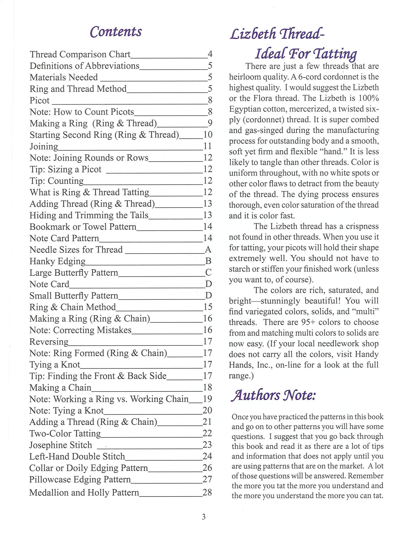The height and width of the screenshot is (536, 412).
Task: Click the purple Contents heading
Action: point(116,32)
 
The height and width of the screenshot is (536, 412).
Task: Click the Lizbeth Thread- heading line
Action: point(277,34)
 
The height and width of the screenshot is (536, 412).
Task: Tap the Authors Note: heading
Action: point(273,395)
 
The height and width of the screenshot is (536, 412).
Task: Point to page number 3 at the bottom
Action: point(204,517)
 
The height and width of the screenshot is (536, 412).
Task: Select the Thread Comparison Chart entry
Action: point(80,54)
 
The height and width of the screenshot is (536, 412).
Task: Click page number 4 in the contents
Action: point(210,54)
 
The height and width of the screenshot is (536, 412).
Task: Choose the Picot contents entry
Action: point(40,100)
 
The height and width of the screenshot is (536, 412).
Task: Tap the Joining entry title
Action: point(44,146)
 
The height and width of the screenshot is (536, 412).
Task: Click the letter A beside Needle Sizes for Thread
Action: point(208,249)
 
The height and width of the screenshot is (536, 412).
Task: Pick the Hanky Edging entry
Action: point(57,261)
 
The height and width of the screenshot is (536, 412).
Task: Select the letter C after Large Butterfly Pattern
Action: point(208,273)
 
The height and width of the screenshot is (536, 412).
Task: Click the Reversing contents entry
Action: point(49,342)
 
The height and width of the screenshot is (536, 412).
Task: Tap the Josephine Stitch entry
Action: point(60,445)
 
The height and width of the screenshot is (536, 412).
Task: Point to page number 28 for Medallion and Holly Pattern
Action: point(207,492)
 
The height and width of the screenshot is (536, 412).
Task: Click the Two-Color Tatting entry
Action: point(65,433)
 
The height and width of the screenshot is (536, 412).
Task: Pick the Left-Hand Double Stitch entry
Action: point(77,456)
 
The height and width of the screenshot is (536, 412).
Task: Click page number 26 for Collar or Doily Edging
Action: point(207,468)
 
